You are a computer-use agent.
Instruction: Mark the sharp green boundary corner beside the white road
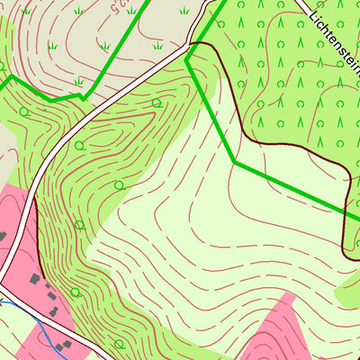[x=186, y=58]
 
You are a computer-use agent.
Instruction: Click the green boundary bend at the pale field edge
[x=235, y=161]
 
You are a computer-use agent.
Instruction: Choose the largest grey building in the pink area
[x=35, y=280]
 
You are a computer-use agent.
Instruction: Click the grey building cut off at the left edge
[x=2, y=236]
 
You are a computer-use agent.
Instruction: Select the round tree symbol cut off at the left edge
[x=2, y=66]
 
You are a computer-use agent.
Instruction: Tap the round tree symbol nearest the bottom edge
[x=119, y=344]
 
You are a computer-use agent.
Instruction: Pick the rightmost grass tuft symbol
[x=184, y=11]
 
